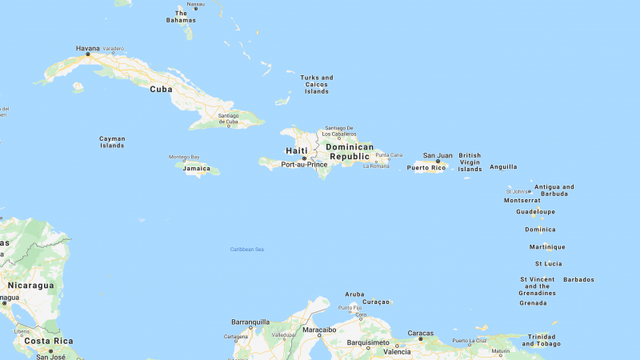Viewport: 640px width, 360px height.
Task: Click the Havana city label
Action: [x=88, y=48]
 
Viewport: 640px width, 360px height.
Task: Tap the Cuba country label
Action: [x=161, y=89]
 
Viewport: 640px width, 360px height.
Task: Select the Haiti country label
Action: [x=297, y=150]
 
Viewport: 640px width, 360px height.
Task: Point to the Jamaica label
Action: [x=197, y=169]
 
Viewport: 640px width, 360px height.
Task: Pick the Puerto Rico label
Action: [x=426, y=167]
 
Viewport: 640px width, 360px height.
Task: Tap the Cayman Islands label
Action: [x=112, y=142]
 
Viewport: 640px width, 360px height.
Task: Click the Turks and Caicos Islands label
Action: [x=317, y=84]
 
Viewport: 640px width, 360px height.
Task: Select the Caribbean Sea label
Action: [x=247, y=250]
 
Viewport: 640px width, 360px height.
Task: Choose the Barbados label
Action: [x=578, y=279]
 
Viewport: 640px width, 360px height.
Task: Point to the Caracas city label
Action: [x=420, y=333]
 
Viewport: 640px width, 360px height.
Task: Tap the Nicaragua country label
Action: [x=30, y=285]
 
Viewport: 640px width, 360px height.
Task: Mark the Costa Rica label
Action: [x=48, y=341]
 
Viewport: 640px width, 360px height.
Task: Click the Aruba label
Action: [x=354, y=294]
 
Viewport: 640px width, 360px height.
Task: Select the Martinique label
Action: [x=547, y=246]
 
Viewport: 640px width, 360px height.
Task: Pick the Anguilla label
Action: [x=503, y=166]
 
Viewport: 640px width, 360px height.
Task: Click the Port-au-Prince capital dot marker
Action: [x=303, y=158]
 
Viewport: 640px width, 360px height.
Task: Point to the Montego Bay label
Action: [x=184, y=157]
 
